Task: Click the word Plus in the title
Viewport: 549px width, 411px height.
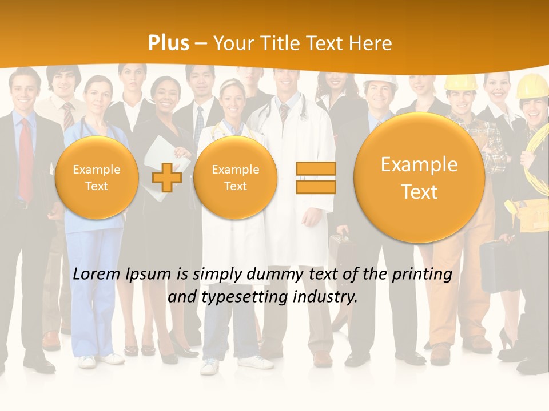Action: (x=168, y=43)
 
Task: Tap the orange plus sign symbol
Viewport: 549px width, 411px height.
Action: (x=167, y=177)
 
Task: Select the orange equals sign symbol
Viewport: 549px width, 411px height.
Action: (x=316, y=178)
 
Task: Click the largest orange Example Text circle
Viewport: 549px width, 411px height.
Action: (x=419, y=178)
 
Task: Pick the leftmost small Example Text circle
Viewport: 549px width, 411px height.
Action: (x=97, y=178)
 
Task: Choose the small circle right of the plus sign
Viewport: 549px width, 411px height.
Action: (x=235, y=178)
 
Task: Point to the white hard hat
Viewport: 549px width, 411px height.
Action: (x=380, y=82)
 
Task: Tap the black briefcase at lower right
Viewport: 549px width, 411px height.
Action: (x=494, y=265)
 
